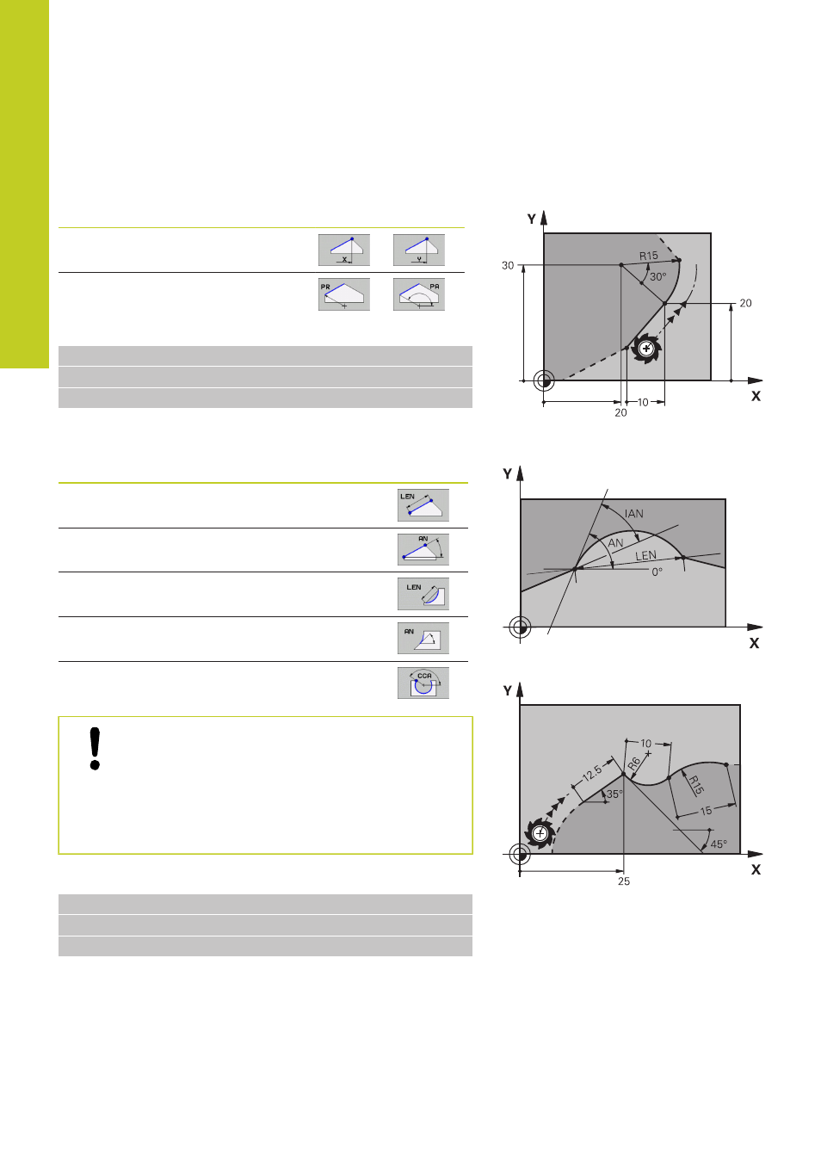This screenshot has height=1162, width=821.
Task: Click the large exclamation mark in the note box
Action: (95, 749)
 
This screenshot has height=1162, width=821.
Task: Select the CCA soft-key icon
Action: (423, 683)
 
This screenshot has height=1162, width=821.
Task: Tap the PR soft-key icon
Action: (344, 294)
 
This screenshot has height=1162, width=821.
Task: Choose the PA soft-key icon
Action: (419, 294)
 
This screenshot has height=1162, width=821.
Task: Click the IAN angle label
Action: (633, 514)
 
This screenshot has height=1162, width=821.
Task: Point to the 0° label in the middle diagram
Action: (657, 572)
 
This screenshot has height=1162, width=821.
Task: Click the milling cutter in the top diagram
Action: (646, 349)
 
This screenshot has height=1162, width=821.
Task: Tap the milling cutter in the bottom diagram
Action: (540, 834)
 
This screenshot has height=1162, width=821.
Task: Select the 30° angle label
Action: (657, 277)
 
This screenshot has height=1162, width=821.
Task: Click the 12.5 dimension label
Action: (592, 774)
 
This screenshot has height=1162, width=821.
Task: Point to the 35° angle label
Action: (614, 794)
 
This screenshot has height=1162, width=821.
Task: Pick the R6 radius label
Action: (634, 763)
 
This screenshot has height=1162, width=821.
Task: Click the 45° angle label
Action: (719, 844)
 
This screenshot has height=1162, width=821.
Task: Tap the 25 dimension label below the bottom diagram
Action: (624, 881)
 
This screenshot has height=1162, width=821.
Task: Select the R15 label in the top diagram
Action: (648, 256)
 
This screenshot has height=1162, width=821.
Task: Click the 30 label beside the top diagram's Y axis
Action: (508, 266)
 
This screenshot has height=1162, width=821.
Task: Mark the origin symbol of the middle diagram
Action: (520, 627)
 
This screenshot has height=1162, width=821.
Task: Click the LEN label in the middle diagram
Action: (645, 555)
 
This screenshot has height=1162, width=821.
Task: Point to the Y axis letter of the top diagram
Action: (532, 219)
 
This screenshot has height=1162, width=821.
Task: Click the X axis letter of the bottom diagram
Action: (756, 870)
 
